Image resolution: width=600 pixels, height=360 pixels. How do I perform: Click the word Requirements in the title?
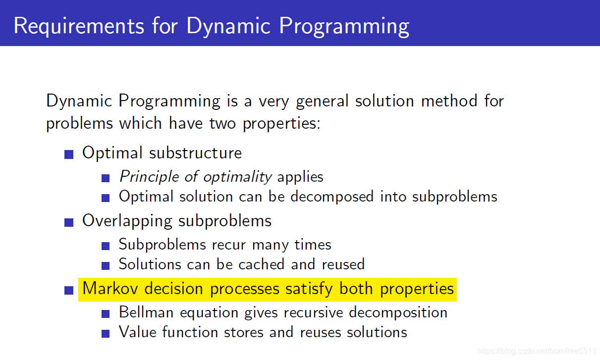[x=79, y=26]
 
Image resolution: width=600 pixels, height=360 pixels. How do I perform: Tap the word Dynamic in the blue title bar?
[x=228, y=26]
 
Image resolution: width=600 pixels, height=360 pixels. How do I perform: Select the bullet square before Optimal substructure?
[x=69, y=154]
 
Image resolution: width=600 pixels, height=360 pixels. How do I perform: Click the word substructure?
[x=195, y=153]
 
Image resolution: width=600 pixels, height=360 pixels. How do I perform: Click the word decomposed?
[x=332, y=197]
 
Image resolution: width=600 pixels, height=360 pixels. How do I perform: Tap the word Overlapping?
[x=127, y=221]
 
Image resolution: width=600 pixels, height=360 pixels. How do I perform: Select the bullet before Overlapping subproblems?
[x=69, y=222]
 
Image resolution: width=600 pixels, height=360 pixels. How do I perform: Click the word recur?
[x=229, y=245]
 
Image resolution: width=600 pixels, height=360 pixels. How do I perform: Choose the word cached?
[x=262, y=264]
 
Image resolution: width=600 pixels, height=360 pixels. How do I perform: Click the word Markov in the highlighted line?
[x=110, y=289]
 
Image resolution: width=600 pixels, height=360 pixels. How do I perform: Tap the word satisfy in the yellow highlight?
[x=309, y=289]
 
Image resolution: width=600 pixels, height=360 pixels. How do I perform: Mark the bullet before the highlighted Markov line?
[x=69, y=290]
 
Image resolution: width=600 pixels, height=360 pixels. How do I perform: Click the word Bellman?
[x=146, y=312]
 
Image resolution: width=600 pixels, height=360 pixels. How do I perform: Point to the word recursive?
[x=314, y=312]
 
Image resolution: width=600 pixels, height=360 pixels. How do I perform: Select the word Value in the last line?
[x=138, y=332]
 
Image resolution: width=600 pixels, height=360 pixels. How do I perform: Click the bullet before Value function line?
[x=106, y=333]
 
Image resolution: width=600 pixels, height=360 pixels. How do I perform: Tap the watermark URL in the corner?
[x=537, y=351]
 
